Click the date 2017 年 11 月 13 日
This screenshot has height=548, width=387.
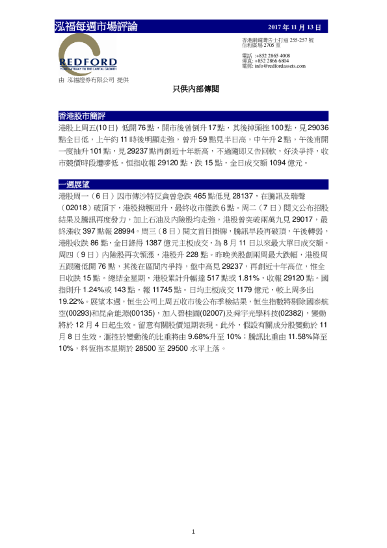[x=295, y=27]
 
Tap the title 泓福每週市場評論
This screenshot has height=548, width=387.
[x=96, y=27]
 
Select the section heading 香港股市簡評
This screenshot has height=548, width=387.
[x=82, y=116]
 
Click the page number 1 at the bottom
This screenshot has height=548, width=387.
[x=193, y=532]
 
